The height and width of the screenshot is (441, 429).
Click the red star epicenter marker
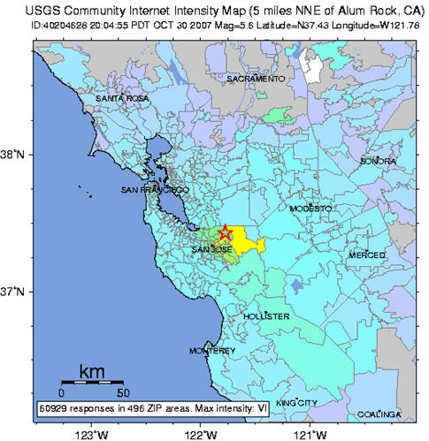[226, 232]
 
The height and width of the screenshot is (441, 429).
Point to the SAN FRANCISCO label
[155, 190]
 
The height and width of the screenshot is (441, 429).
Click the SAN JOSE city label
[212, 250]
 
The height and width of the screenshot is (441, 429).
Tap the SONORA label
[378, 162]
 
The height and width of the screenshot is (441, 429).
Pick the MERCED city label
[367, 255]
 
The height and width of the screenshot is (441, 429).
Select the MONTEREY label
[213, 351]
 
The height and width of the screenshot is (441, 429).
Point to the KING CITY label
[296, 403]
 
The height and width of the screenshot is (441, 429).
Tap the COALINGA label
[380, 414]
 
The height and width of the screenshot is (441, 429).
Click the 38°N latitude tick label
[18, 155]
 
